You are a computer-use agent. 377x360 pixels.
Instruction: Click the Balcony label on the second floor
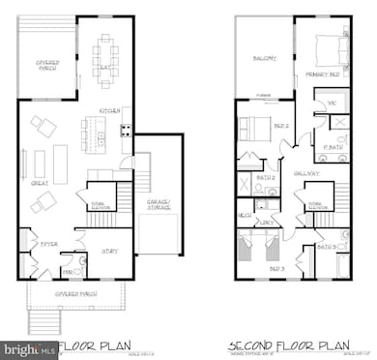pos(264,58)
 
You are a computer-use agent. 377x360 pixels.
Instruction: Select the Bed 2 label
pos(281,126)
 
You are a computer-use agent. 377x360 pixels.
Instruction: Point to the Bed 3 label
pos(277,267)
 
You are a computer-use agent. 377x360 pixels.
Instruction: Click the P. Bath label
pos(331,147)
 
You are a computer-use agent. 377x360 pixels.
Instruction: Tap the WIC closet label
pos(331,100)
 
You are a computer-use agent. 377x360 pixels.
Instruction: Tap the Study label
pos(109,251)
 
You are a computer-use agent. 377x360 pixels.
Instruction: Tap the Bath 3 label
pos(326,247)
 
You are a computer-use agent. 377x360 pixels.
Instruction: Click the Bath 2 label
pos(266,177)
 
